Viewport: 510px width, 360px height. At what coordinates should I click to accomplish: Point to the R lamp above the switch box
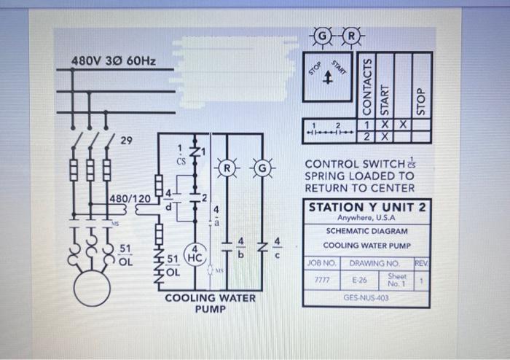coord(352,34)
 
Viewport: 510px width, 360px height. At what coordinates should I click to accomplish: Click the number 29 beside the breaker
coord(126,140)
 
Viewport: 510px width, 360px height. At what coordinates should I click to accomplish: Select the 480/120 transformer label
coord(130,199)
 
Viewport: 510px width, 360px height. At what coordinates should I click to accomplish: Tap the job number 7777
coord(321,278)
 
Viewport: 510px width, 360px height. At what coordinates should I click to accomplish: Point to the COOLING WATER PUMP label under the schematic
coord(211,303)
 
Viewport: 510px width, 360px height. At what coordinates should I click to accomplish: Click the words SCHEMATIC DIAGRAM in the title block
coord(366,231)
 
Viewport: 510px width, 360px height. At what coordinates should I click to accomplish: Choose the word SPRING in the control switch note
coord(326,176)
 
